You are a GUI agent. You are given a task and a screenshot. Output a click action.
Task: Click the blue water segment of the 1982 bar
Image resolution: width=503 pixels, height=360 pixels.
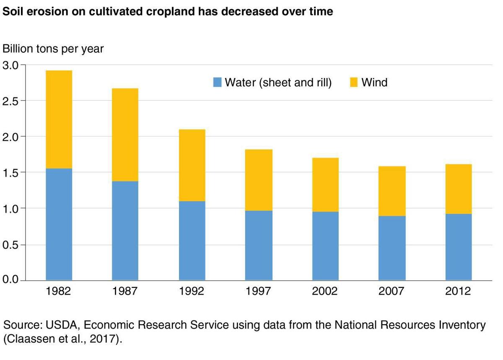[59, 224]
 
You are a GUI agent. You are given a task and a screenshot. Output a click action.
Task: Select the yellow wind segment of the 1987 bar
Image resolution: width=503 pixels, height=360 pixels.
[125, 135]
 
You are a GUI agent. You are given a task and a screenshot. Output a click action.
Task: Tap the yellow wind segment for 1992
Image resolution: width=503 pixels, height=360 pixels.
[192, 165]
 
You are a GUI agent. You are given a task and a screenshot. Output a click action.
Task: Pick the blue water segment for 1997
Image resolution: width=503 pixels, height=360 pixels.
[259, 245]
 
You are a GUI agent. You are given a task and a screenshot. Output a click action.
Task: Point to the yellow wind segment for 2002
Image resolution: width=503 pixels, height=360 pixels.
[325, 185]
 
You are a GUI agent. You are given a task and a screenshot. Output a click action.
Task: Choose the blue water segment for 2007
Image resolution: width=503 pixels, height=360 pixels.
[392, 248]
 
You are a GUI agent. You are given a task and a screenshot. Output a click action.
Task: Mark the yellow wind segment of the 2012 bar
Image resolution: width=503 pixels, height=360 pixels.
[459, 189]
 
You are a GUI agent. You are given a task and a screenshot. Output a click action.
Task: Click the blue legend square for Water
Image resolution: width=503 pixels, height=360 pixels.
[217, 83]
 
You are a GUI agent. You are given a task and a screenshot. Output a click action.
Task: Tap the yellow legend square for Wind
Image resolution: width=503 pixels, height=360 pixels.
[354, 83]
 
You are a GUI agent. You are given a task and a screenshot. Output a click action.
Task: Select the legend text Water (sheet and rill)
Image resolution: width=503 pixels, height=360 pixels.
[278, 83]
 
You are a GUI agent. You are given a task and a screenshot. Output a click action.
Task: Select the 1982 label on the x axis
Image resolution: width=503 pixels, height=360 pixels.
[59, 291]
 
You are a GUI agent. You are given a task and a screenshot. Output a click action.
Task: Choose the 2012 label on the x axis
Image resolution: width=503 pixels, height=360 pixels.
[459, 291]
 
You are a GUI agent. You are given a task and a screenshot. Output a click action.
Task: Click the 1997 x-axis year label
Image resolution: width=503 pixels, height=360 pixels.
[259, 291]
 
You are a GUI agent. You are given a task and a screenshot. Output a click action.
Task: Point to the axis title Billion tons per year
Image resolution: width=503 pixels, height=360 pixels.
[53, 49]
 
